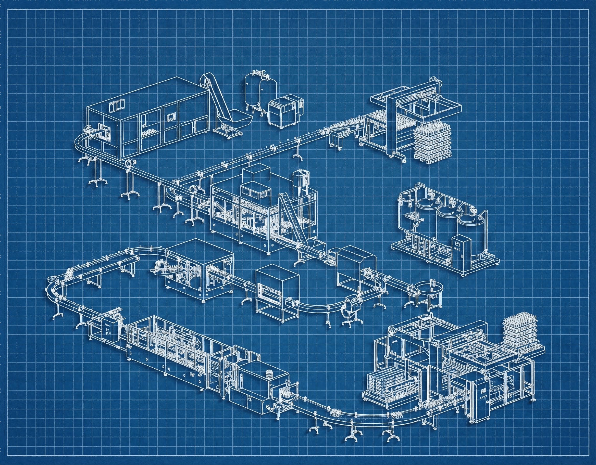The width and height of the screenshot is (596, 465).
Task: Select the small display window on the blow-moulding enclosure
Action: pyautogui.click(x=171, y=117)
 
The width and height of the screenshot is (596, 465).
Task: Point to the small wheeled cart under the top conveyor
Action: pyautogui.click(x=338, y=140)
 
